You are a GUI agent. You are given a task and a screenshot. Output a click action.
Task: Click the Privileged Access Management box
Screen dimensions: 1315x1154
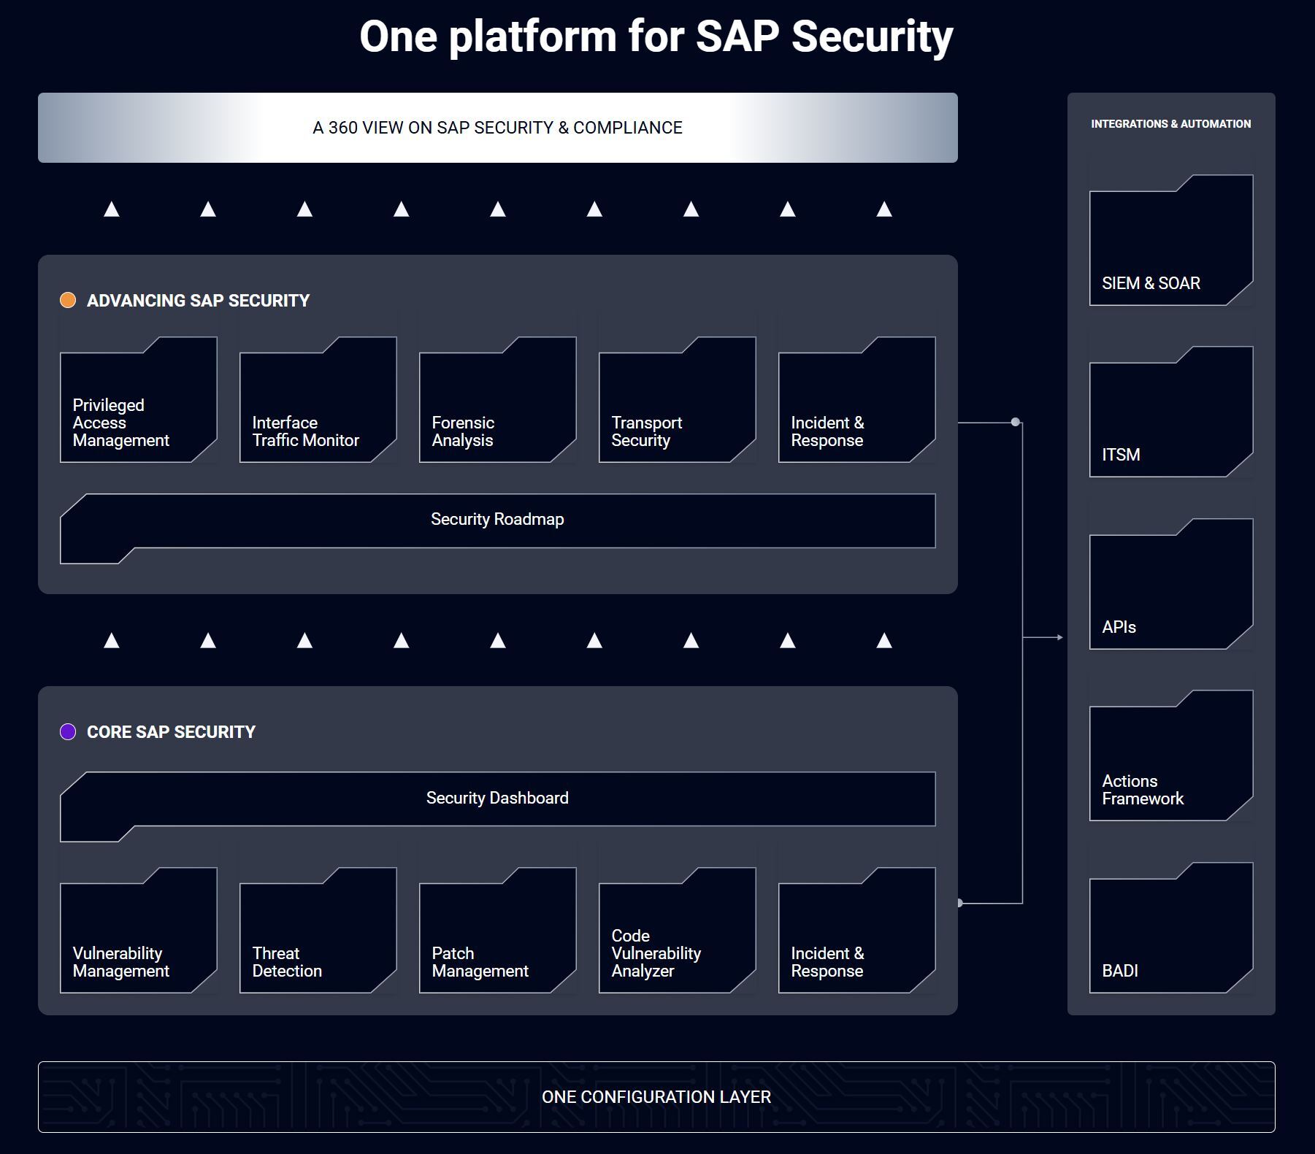139,400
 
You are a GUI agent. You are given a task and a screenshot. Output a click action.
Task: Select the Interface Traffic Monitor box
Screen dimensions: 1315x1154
318,400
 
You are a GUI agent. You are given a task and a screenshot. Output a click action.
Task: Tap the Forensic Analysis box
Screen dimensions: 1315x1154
498,400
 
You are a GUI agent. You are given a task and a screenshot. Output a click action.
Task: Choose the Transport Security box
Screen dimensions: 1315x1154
678,400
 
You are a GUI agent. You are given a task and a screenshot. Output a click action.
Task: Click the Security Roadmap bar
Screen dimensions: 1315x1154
498,521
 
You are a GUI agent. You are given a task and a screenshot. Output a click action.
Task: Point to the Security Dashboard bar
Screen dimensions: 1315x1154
498,799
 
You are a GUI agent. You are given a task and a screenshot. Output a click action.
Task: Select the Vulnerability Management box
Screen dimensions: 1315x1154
139,931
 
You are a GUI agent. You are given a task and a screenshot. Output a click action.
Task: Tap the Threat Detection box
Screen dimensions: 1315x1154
318,931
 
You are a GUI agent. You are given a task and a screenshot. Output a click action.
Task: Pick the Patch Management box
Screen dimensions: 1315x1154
498,931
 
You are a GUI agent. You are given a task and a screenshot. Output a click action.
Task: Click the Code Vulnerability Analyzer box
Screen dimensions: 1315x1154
678,931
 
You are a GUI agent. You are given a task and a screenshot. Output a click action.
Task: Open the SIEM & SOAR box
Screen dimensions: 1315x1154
1171,240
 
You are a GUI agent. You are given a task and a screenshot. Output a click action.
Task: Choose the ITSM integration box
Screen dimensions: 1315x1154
1171,412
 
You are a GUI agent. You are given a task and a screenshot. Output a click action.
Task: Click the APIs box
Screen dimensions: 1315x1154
1171,584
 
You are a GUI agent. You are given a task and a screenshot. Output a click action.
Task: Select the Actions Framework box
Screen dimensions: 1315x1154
1171,755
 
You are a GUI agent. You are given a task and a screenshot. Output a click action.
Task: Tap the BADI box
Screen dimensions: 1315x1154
1171,928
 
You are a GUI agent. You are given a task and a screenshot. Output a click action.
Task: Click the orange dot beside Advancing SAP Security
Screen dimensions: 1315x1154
68,300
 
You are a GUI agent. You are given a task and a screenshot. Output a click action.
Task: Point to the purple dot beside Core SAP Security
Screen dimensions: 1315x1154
68,731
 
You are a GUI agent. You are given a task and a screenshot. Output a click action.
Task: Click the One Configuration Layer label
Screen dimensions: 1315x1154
656,1097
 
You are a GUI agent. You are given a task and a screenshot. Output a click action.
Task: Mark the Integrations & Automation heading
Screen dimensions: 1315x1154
1171,124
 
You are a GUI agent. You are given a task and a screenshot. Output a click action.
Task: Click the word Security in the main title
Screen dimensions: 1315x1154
872,36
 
